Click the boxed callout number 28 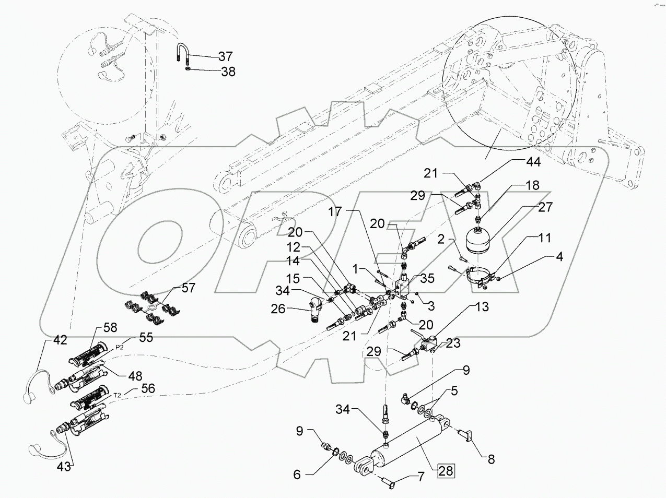coord(446,471)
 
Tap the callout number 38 coord(228,73)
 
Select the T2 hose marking coord(118,396)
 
